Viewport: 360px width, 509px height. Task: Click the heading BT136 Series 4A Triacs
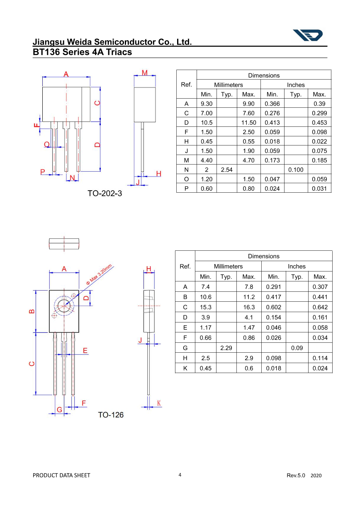click(x=82, y=52)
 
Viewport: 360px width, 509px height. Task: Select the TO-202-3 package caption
click(x=105, y=193)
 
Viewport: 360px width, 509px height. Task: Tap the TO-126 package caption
click(x=111, y=415)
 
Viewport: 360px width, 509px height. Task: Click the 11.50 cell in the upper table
click(x=249, y=123)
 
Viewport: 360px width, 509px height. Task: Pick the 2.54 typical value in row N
click(x=226, y=170)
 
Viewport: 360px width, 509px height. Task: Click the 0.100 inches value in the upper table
click(x=296, y=170)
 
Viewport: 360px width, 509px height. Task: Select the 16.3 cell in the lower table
click(x=249, y=308)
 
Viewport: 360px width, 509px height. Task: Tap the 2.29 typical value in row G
click(x=226, y=348)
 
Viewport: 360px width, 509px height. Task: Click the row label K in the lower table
click(x=185, y=368)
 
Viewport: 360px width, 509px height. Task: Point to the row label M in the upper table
click(x=186, y=160)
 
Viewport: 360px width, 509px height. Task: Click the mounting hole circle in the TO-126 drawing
click(x=64, y=306)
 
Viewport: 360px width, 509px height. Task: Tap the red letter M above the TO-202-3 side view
click(x=144, y=73)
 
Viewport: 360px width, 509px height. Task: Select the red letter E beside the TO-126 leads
click(x=85, y=351)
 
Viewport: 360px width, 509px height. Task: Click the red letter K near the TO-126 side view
click(x=159, y=403)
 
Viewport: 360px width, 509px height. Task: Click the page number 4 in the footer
click(x=180, y=475)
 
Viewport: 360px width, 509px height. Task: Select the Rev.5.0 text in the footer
click(x=296, y=475)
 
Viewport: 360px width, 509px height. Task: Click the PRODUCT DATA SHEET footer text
click(x=61, y=475)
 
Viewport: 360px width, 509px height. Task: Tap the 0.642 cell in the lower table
click(x=320, y=308)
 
